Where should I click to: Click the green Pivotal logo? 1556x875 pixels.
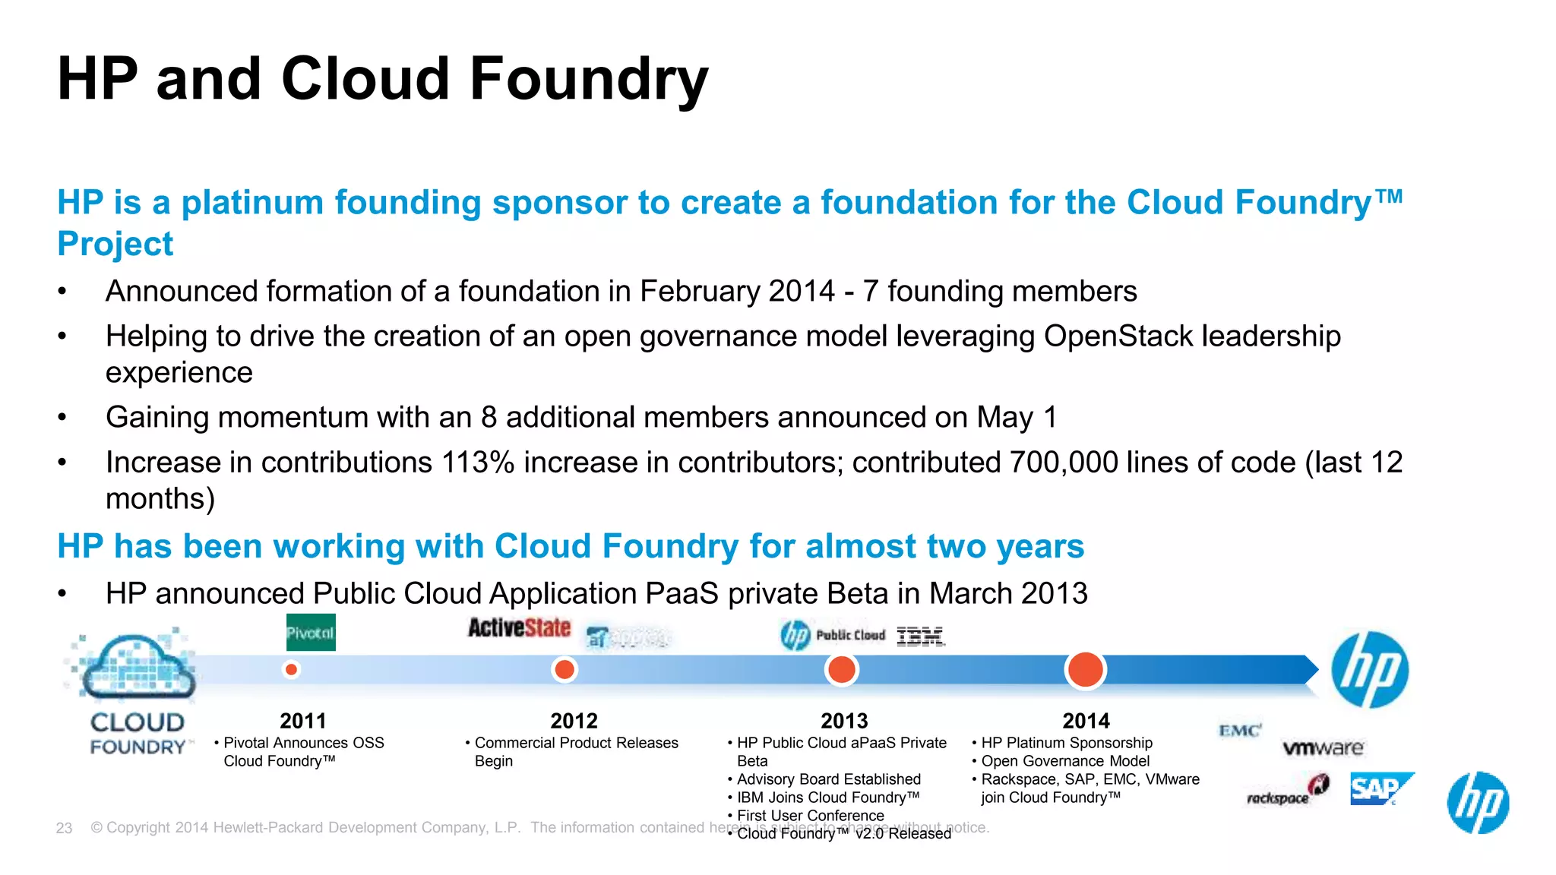pos(311,633)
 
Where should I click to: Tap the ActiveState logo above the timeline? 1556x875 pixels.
pos(519,628)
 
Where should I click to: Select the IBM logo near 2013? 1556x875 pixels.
pos(920,637)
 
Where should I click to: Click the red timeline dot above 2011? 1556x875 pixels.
pos(291,670)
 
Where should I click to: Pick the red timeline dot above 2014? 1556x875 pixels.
pos(1085,670)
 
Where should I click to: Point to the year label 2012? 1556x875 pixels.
pos(574,721)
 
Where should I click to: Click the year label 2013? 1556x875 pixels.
pos(844,721)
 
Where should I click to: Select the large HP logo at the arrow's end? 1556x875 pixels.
pos(1370,670)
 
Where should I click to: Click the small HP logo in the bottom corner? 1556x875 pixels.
pos(1478,803)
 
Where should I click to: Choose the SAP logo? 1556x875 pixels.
pos(1379,789)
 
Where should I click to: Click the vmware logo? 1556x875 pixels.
pos(1323,748)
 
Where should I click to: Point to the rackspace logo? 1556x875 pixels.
pos(1287,792)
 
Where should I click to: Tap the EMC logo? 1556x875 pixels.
pos(1239,731)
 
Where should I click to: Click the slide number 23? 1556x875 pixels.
pos(64,828)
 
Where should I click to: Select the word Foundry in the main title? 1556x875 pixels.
pos(589,79)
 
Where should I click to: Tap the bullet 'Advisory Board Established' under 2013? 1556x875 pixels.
pos(828,779)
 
